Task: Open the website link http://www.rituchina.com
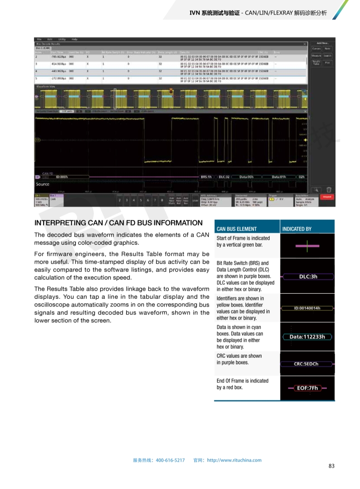tap(234, 460)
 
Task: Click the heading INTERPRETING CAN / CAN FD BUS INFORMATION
tap(118, 223)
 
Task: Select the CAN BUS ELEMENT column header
tap(237, 229)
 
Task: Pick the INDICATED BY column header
tap(297, 229)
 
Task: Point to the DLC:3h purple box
tap(308, 276)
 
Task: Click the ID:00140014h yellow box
tap(307, 308)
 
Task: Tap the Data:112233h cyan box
tap(307, 337)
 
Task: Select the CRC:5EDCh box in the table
tap(306, 364)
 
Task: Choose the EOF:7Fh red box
tap(307, 388)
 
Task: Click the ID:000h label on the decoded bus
tap(61, 177)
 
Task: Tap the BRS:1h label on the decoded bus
tap(207, 177)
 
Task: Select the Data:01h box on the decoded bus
tap(279, 177)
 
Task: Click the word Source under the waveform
tap(43, 184)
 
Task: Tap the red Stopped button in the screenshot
tap(326, 197)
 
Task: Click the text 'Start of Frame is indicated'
tap(243, 238)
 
